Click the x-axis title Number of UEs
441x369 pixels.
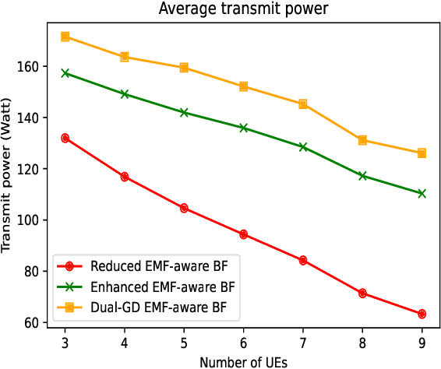[243, 361]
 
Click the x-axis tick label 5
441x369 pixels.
[184, 343]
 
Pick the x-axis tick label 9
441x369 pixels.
[422, 343]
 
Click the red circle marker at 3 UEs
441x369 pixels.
[65, 138]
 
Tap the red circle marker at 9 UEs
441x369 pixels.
[422, 314]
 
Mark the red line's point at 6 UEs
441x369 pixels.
[244, 234]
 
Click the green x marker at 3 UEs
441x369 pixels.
[65, 73]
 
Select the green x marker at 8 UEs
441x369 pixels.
[362, 176]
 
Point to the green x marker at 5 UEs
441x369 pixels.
[184, 112]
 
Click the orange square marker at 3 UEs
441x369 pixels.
[65, 37]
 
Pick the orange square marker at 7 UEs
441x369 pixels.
[303, 104]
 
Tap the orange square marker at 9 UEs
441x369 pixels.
[422, 153]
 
